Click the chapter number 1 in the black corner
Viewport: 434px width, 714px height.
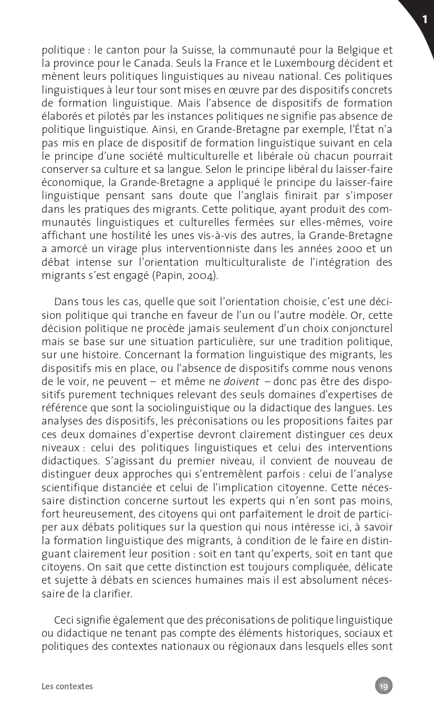point(424,20)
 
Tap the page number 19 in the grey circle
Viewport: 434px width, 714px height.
point(384,686)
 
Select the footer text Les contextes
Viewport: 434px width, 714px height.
point(67,686)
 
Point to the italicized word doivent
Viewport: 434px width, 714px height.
point(242,381)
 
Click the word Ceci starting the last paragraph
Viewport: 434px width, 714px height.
point(64,620)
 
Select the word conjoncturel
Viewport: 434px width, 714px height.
point(363,328)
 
